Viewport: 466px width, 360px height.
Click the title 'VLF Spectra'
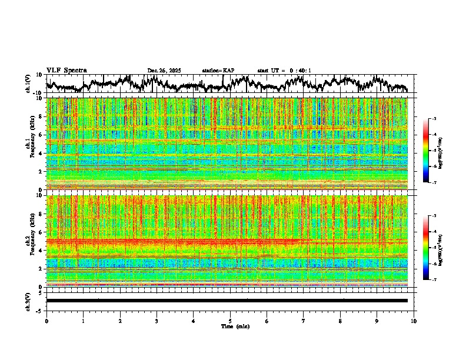[x=66, y=71]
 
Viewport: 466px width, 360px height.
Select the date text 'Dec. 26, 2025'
[x=164, y=71]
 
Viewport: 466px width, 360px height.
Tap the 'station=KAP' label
[x=218, y=71]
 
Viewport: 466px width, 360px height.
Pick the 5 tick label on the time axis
[x=230, y=321]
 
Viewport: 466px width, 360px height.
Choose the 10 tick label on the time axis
[x=414, y=321]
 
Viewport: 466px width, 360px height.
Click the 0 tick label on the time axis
[x=46, y=321]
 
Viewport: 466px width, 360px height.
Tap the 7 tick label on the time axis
[x=304, y=321]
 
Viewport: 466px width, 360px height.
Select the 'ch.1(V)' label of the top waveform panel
[x=28, y=84]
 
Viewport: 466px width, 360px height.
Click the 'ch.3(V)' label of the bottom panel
[x=28, y=300]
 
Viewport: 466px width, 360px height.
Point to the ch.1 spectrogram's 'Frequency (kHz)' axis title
[x=30, y=145]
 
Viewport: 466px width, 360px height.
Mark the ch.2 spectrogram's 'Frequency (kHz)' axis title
[x=30, y=241]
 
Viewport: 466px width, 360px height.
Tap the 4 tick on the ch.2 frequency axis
[x=42, y=250]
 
